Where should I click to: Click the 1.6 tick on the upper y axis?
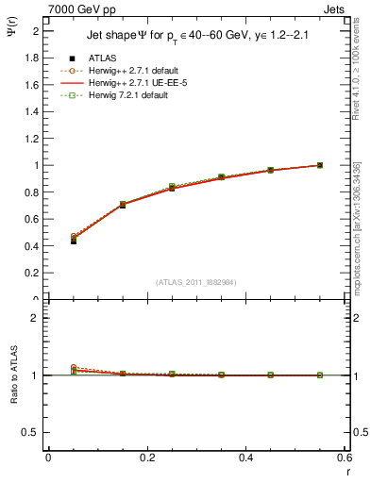coord(32,85)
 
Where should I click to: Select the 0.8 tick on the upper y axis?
coord(32,192)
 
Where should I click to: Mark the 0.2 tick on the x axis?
coord(146,458)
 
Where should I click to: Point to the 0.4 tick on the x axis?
coord(245,458)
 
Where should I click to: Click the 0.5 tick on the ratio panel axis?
coord(32,432)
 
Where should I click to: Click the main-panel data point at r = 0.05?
coord(74,241)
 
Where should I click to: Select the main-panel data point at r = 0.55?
coord(320,165)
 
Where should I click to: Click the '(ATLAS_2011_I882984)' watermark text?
coord(196,282)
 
